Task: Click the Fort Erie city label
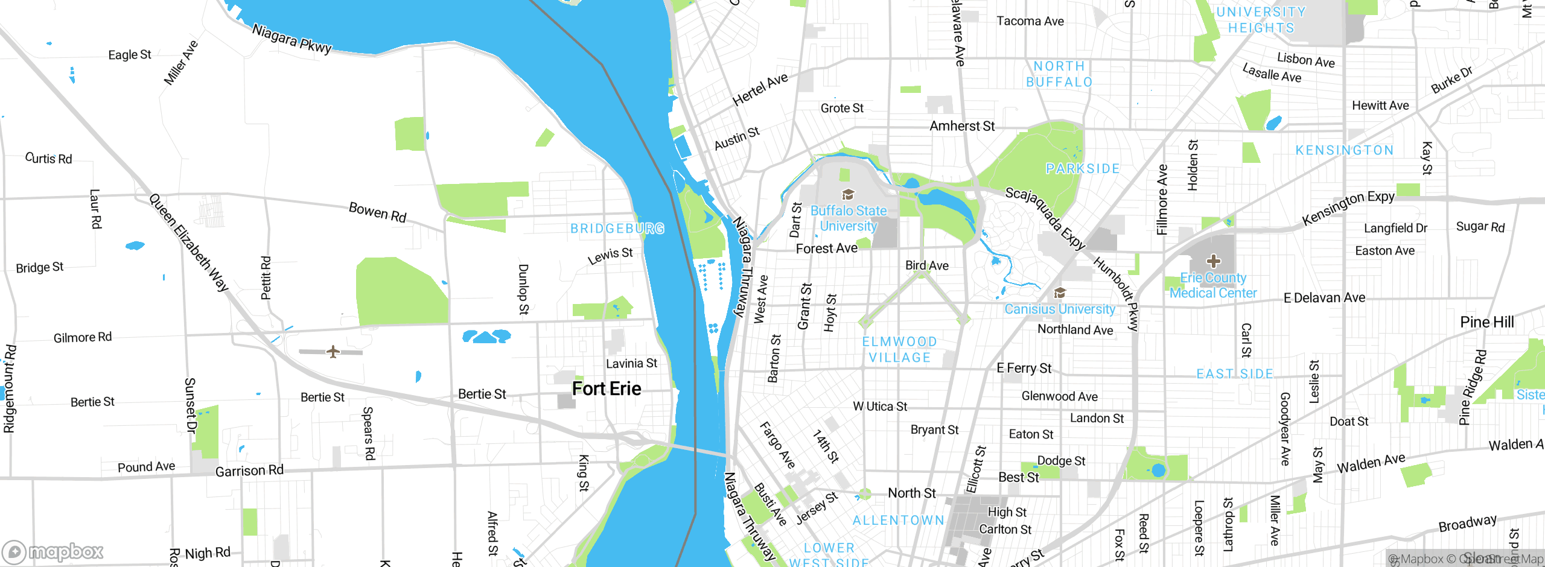click(x=607, y=389)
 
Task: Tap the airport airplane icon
click(x=333, y=351)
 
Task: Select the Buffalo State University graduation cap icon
click(x=848, y=194)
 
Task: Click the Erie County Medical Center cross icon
click(x=1214, y=261)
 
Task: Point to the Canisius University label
click(x=1060, y=309)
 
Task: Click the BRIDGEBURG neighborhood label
click(x=617, y=229)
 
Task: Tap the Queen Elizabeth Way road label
click(x=189, y=242)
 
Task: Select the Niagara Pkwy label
click(x=291, y=39)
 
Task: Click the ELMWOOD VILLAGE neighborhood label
click(x=899, y=350)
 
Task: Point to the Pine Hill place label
click(x=1486, y=322)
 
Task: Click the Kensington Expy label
click(x=1348, y=207)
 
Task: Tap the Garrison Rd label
click(x=249, y=470)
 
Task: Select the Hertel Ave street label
click(x=760, y=89)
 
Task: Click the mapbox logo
click(x=53, y=551)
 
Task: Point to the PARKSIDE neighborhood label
click(x=1083, y=169)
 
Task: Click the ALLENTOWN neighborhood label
click(x=898, y=521)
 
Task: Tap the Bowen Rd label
click(x=378, y=212)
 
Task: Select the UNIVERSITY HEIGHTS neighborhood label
click(x=1261, y=20)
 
